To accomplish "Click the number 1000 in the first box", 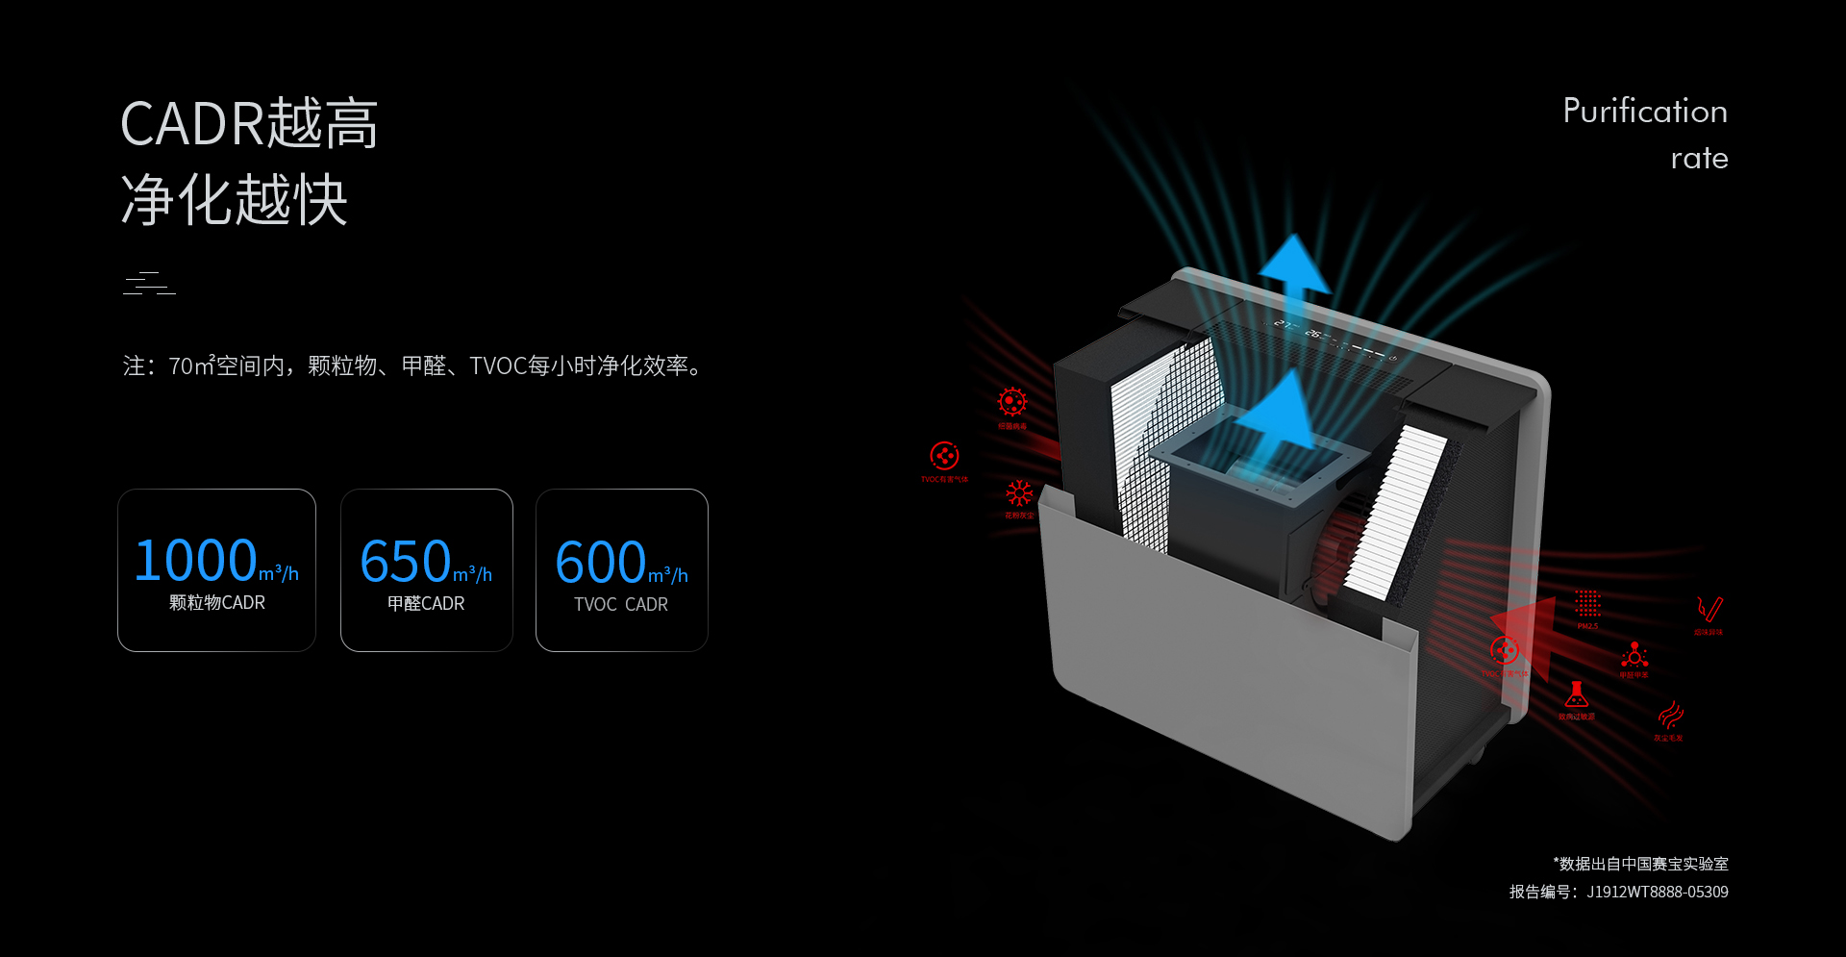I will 196,561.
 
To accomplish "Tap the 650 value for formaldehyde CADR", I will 406,562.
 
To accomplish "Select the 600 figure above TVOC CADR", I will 601,562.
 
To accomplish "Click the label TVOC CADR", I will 621,605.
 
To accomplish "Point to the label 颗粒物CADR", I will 217,603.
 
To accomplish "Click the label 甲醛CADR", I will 426,604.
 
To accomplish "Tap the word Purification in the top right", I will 1644,112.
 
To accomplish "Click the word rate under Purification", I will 1699,159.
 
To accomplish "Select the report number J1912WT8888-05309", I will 1657,893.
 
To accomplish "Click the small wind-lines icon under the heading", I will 149,284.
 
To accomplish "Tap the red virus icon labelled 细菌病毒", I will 1012,402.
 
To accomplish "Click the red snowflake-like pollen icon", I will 1019,493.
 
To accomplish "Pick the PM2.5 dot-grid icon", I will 1587,604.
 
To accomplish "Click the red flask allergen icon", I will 1576,694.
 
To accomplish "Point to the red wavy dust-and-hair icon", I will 1670,715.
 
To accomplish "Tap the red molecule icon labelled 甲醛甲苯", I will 1634,655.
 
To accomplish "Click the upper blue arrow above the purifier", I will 1295,264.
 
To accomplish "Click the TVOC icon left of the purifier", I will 944,456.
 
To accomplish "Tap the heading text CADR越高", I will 249,124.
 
